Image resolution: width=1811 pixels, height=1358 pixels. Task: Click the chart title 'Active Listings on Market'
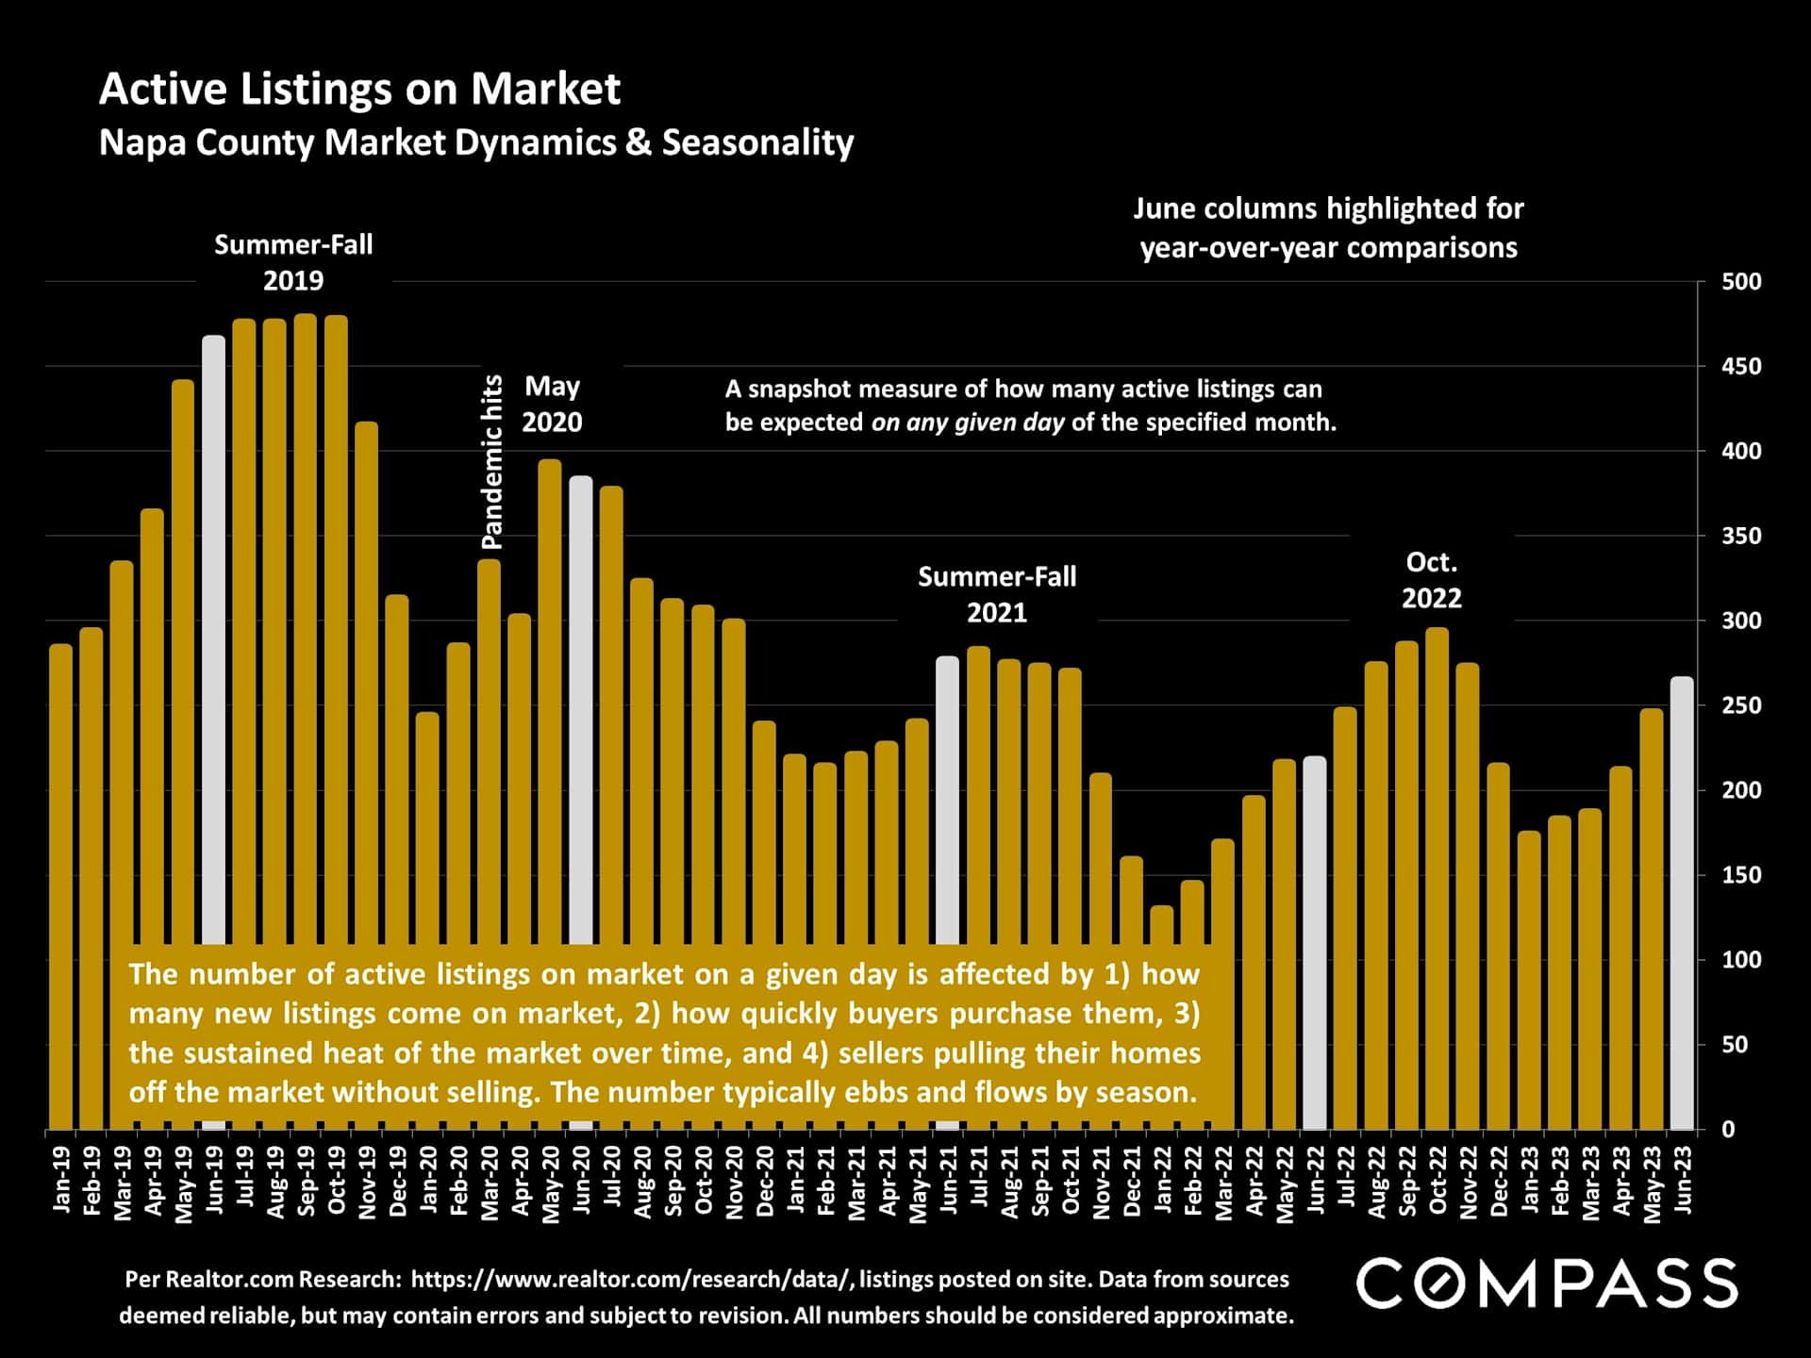coord(359,90)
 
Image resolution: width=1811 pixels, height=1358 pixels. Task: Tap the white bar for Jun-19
coord(214,641)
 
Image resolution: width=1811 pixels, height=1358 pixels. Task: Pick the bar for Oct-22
coord(1437,877)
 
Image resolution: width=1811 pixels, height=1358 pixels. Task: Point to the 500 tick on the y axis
coord(1740,282)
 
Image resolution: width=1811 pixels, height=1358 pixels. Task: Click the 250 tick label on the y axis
coord(1740,705)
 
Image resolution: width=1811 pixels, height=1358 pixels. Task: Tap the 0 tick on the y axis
coord(1728,1129)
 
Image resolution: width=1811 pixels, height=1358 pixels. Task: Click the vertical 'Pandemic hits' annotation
coord(492,462)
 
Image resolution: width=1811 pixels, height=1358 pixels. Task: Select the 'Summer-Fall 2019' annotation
coord(293,262)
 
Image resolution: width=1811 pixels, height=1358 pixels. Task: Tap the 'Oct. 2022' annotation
coord(1431,580)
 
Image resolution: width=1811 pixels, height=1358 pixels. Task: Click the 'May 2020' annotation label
coord(552,404)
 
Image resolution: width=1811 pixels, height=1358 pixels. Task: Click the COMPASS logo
coord(1546,1283)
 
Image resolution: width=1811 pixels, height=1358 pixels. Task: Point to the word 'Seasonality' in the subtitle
coord(757,142)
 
